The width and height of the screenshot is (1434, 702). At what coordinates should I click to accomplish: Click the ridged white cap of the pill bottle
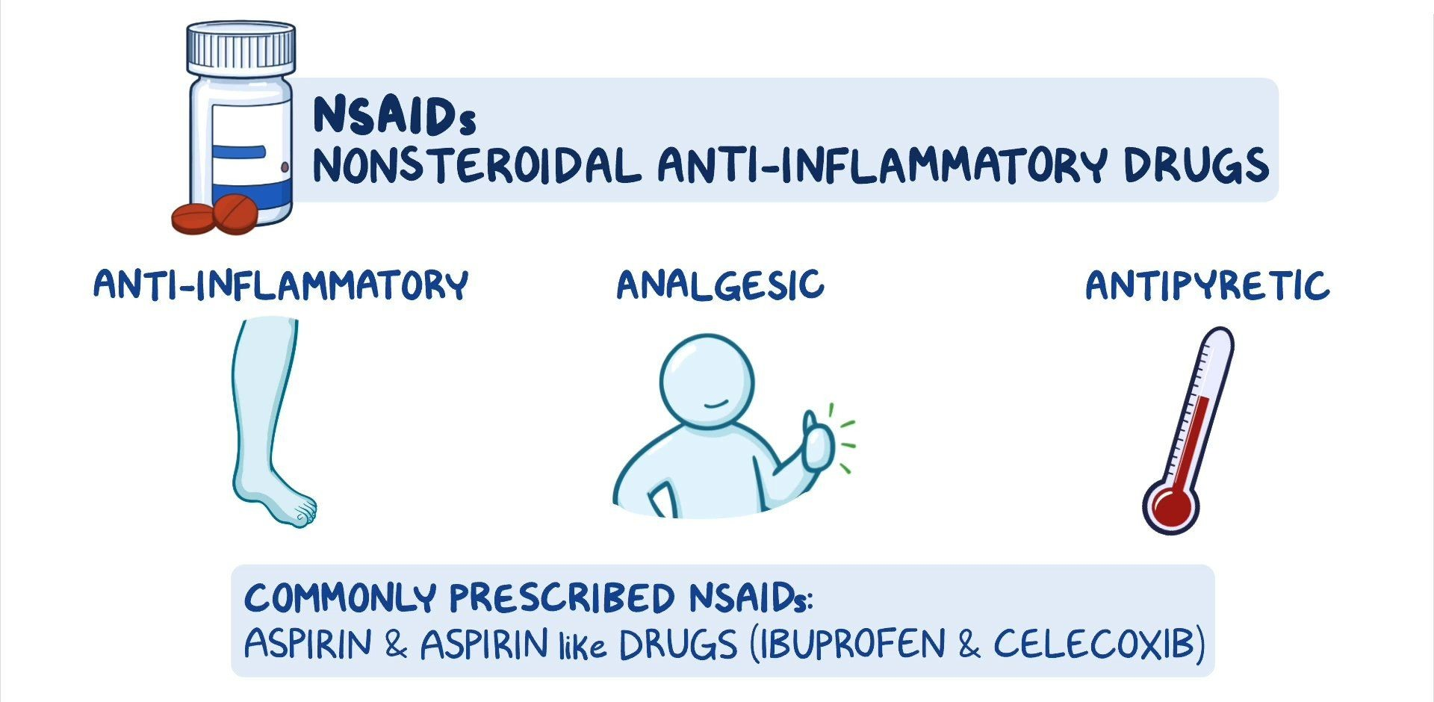point(241,49)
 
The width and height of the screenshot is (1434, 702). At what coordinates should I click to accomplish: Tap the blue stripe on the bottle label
point(238,152)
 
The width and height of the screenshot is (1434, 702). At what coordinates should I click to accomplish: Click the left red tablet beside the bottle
point(193,218)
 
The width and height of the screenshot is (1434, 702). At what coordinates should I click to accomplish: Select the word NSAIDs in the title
point(394,117)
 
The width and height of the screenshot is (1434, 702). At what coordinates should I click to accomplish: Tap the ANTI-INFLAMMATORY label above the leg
point(281,285)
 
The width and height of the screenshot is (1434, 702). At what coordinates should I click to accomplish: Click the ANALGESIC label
point(721,285)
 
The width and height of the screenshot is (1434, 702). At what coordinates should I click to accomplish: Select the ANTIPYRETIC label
point(1208,285)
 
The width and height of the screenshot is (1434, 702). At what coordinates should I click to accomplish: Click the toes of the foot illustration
point(302,512)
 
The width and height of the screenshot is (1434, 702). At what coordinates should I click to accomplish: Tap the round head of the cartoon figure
point(707,382)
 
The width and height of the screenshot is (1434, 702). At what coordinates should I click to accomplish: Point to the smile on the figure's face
point(716,403)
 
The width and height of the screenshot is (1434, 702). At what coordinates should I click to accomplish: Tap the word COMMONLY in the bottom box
point(340,597)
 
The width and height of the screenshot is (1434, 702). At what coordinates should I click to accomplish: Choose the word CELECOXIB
point(1093,644)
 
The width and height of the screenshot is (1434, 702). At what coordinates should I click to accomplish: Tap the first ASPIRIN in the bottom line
point(308,644)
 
